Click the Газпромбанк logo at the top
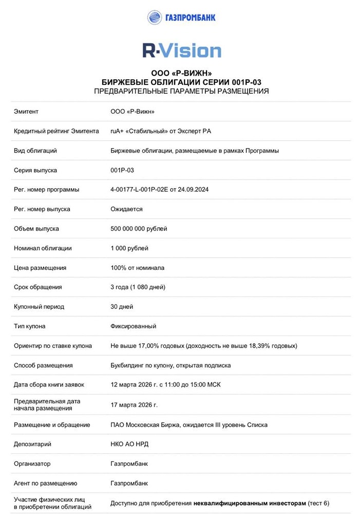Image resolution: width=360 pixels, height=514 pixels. point(181,17)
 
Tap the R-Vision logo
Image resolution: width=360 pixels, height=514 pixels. point(182,51)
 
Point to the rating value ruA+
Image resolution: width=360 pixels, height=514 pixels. point(117,131)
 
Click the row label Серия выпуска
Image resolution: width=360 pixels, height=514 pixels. point(35,170)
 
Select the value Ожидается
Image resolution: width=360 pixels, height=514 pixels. point(126,209)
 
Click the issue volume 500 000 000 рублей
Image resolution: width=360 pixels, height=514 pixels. point(139,229)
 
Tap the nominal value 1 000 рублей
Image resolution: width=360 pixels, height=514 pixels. point(129,248)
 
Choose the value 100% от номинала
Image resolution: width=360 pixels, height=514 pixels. point(137,268)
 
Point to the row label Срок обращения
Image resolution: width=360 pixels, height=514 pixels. point(38,287)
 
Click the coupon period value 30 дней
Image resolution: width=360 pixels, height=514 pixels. point(122,307)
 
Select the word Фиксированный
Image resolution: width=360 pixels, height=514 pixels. point(134,326)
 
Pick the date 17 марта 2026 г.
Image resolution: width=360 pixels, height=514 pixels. point(134,405)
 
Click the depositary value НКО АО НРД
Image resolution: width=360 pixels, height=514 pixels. point(129,444)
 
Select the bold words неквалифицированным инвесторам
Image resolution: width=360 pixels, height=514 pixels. point(250,503)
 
